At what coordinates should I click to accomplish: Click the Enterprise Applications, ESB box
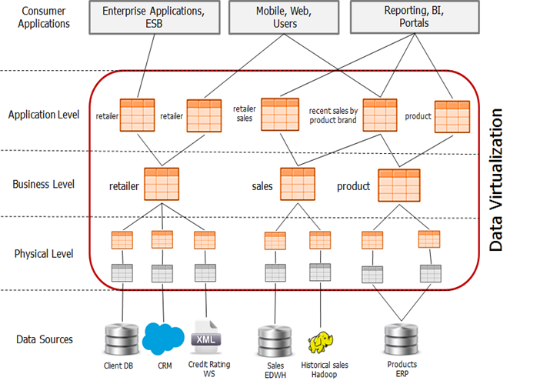155,17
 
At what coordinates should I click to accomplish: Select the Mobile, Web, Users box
284,17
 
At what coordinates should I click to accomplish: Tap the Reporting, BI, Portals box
415,17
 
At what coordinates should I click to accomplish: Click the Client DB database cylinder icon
122,339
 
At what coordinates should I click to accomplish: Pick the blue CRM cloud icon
163,339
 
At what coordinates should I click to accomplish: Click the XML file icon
206,337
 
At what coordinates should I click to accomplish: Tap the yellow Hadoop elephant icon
321,342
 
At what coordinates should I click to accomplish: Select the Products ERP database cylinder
402,340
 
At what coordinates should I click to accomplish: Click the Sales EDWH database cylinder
275,342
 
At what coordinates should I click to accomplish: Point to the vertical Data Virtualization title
496,180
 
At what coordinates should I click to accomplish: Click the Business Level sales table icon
298,184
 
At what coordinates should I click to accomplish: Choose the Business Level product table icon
399,185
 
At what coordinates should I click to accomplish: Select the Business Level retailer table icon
162,184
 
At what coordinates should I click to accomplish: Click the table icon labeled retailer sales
280,115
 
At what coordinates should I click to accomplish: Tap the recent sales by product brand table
380,115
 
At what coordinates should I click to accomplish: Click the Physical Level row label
44,254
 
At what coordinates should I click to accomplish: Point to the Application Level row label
44,115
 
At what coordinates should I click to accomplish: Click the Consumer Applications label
44,17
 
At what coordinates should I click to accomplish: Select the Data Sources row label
45,339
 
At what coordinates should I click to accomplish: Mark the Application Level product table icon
452,117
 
